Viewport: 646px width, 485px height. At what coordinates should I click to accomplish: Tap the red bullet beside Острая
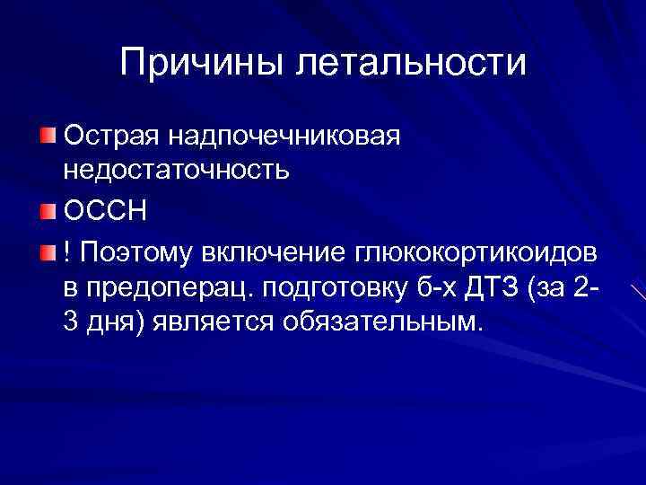(x=47, y=137)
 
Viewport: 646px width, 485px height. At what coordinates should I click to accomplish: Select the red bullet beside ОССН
(x=47, y=213)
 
